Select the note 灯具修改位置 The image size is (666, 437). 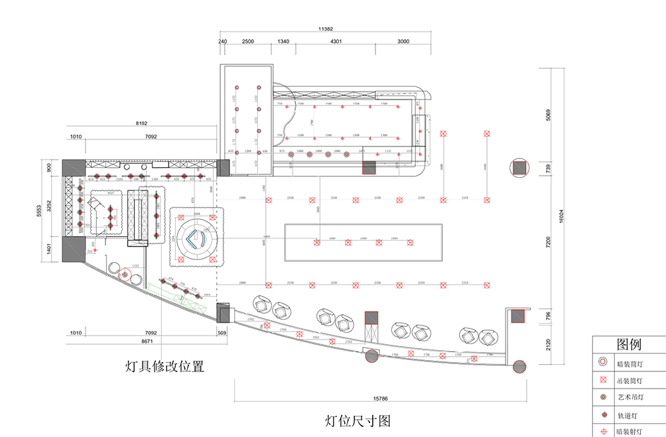coord(165,365)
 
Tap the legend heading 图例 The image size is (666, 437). coord(628,344)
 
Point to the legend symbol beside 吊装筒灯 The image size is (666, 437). coord(603,380)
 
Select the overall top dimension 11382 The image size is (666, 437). coord(326,29)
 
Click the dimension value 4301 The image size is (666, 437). coord(336,41)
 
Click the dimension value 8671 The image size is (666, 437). coord(147,341)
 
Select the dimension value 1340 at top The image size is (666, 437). coord(283,41)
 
